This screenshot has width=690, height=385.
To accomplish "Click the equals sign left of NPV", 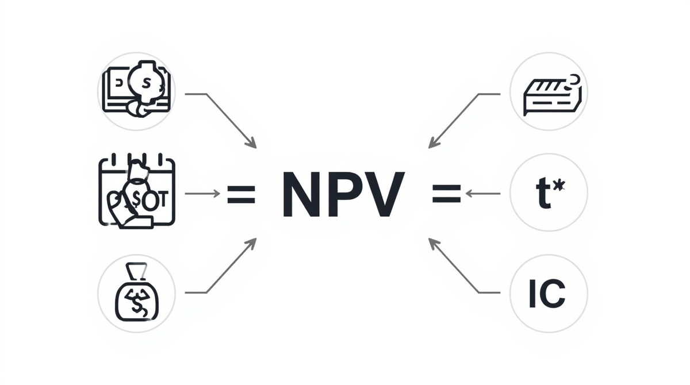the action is (241, 194).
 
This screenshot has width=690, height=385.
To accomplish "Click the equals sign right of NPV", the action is (446, 194).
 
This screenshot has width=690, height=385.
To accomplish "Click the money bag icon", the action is (136, 293).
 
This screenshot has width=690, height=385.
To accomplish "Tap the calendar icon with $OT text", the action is (136, 192).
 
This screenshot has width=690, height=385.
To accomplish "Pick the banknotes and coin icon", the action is (136, 91).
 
